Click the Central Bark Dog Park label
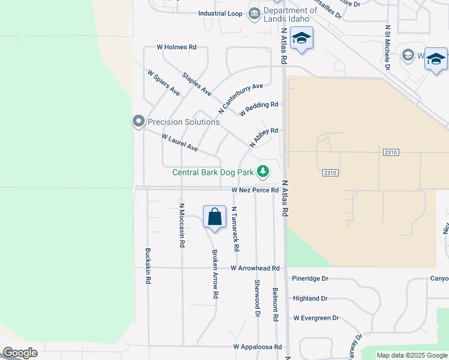pyautogui.click(x=212, y=172)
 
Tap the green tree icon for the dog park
pyautogui.click(x=263, y=172)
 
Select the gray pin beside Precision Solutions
pyautogui.click(x=139, y=122)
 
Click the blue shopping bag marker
pyautogui.click(x=214, y=217)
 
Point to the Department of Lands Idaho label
pyautogui.click(x=290, y=14)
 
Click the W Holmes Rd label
pyautogui.click(x=176, y=47)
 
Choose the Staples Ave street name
pyautogui.click(x=197, y=84)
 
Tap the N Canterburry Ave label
pyautogui.click(x=241, y=99)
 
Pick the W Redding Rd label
pyautogui.click(x=259, y=109)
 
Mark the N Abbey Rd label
pyautogui.click(x=264, y=137)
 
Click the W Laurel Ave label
pyautogui.click(x=179, y=143)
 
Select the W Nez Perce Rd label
pyautogui.click(x=255, y=190)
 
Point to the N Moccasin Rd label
pyautogui.click(x=181, y=226)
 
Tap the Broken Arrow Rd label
pyautogui.click(x=214, y=274)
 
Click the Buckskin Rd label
pyautogui.click(x=148, y=266)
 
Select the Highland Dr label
pyautogui.click(x=310, y=298)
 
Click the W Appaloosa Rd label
pyautogui.click(x=258, y=347)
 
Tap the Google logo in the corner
pyautogui.click(x=20, y=353)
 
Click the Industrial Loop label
pyautogui.click(x=220, y=13)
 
